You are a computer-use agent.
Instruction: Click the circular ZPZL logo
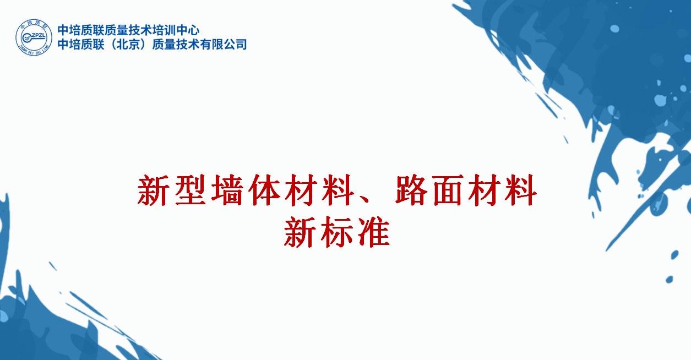click(34, 37)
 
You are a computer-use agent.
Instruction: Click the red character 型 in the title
click(191, 190)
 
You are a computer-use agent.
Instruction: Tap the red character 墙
click(227, 190)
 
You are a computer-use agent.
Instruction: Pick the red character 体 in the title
click(264, 190)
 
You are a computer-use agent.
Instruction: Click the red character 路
click(411, 190)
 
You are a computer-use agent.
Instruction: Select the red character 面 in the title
click(449, 190)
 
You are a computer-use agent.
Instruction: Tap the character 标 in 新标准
click(337, 232)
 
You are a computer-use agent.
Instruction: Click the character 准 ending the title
click(374, 232)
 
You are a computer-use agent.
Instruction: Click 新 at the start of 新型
click(153, 190)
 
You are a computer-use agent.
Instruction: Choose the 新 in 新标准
click(300, 232)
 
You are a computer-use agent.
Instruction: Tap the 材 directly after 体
click(301, 190)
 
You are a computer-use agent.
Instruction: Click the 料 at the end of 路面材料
click(521, 190)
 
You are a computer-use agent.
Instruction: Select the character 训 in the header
click(170, 30)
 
